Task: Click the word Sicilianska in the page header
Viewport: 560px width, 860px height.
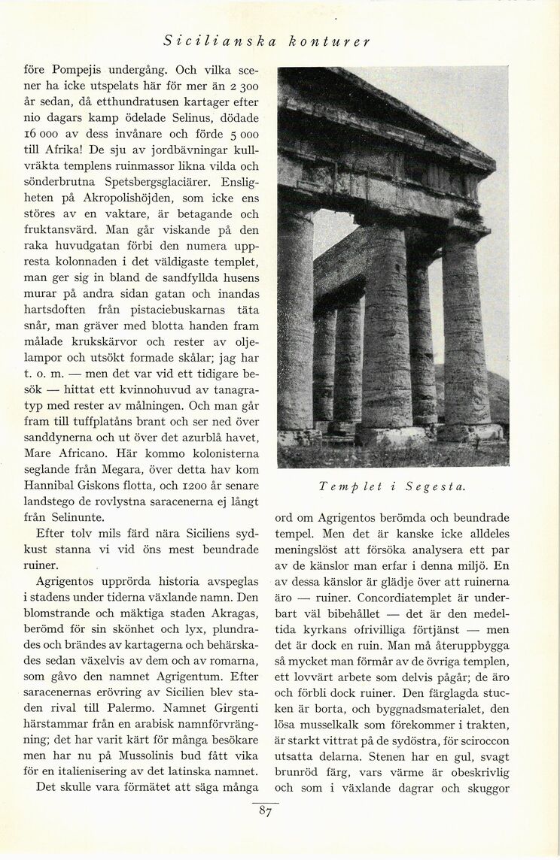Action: coord(215,41)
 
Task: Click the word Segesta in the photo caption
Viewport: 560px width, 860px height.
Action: coord(436,486)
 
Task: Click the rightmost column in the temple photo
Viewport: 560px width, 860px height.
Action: coord(467,335)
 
